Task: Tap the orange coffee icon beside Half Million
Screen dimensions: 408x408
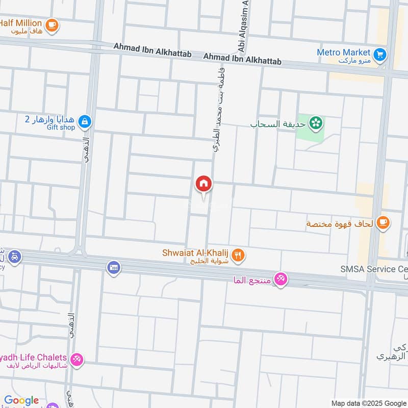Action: coord(52,24)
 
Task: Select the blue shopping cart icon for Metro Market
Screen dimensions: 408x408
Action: coord(379,54)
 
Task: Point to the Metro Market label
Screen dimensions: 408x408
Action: coord(343,52)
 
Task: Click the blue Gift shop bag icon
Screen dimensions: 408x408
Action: coord(86,121)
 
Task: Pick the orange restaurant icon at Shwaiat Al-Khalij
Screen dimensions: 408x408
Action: coord(238,254)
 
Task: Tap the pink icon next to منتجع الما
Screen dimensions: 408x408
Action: coord(280,279)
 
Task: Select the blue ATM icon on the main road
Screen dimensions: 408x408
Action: coord(114,267)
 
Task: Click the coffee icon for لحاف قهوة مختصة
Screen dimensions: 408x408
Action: coord(384,222)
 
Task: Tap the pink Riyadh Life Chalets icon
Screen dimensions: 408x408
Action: coord(77,359)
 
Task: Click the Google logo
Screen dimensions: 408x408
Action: coord(21,400)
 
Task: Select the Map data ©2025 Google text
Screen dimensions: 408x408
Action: coord(369,402)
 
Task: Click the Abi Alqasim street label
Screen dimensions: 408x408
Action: coord(242,25)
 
